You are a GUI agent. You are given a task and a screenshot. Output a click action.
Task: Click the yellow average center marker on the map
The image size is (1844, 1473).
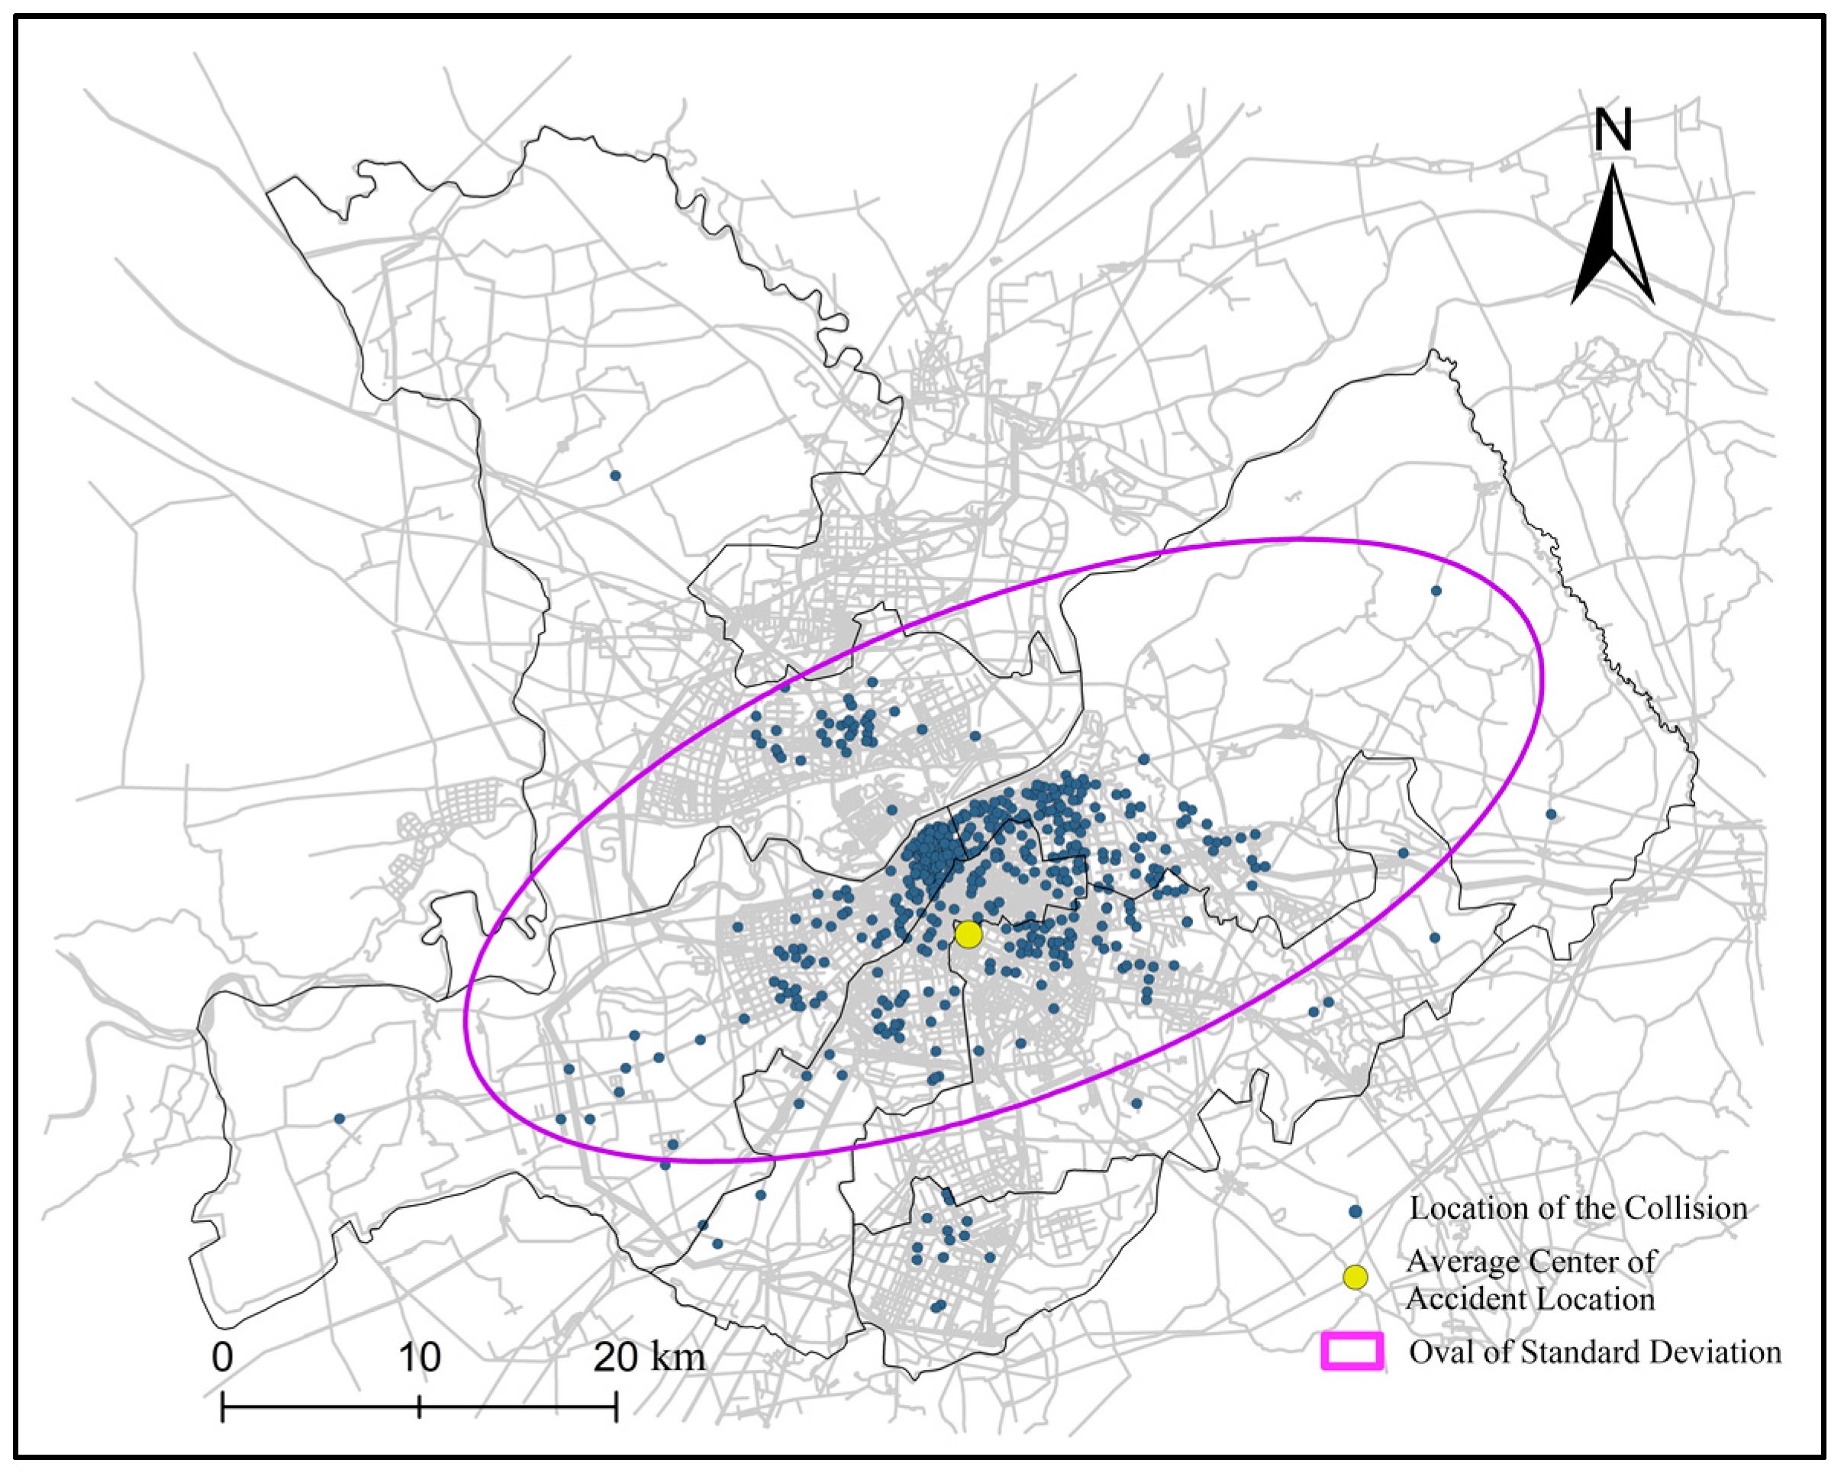tap(967, 935)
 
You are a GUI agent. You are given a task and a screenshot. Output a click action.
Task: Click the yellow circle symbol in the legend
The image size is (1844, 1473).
tap(1355, 1277)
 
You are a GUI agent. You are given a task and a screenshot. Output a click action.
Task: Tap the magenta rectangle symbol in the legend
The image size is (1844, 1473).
tap(1352, 1352)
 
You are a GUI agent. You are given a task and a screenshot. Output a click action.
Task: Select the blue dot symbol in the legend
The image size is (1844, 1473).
tap(1355, 1211)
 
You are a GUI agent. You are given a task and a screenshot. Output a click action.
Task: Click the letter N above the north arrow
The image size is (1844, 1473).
tap(1613, 131)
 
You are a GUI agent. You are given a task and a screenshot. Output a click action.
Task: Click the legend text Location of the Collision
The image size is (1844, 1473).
tap(1578, 1208)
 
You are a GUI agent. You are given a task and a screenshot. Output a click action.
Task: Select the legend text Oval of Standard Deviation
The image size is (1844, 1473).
tap(1595, 1352)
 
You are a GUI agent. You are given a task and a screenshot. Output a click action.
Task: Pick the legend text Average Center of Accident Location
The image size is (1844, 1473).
tap(1531, 1280)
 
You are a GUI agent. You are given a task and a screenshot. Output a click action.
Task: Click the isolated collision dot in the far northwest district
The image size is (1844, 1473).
tap(615, 475)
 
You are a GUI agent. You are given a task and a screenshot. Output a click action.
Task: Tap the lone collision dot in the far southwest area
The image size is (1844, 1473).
tap(340, 1118)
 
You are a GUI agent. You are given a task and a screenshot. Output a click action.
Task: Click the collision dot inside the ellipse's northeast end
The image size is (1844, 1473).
tap(1436, 591)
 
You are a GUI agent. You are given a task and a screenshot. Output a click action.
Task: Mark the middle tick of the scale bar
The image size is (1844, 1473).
tap(419, 1407)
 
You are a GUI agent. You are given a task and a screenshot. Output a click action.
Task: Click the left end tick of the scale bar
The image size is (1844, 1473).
tap(222, 1407)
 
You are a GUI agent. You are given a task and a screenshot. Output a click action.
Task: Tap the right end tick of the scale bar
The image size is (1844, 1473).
tap(616, 1407)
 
